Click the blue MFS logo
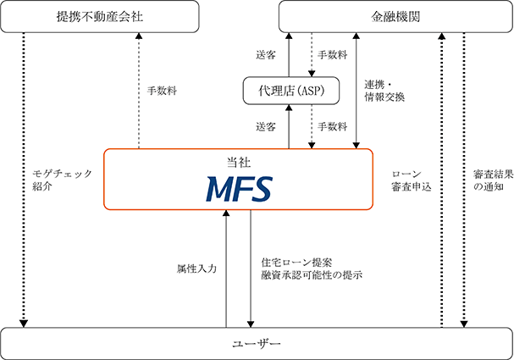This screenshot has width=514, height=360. click(x=238, y=186)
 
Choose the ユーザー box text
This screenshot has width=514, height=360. click(x=256, y=343)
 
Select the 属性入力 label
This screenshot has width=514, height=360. click(x=196, y=268)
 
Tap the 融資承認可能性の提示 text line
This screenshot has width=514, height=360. click(x=312, y=274)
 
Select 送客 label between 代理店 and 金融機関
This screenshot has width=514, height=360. click(x=266, y=56)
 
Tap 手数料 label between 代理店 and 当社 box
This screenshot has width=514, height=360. click(x=332, y=126)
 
